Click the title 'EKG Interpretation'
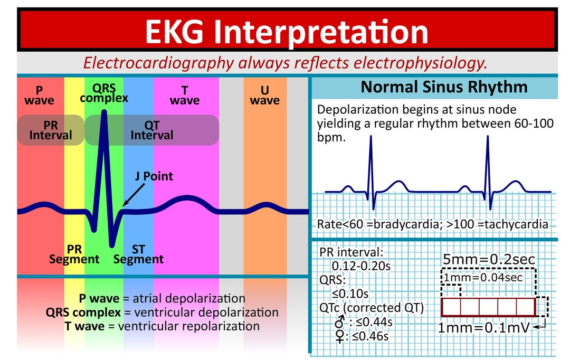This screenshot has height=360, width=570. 287,31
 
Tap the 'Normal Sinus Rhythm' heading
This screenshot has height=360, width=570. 444,87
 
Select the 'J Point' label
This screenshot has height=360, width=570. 151,176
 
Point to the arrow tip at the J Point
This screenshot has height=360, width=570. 122,206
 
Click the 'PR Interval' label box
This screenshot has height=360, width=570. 51,130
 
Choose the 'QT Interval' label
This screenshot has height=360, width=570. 152,130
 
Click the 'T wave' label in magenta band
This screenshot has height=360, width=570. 185,95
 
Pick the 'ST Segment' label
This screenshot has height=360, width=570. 139,254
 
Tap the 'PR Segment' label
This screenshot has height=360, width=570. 74,254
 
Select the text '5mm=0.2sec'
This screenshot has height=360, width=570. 489,259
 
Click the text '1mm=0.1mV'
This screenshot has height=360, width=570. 483,328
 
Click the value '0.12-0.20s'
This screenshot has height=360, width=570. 361,266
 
